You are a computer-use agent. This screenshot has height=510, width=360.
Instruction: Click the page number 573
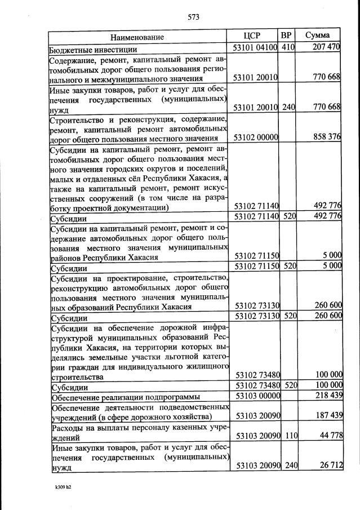[193, 17]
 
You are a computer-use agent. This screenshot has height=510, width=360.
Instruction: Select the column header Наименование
[137, 37]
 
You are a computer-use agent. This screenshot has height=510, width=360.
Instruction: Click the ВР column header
[286, 35]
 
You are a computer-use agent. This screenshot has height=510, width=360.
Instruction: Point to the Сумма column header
[317, 35]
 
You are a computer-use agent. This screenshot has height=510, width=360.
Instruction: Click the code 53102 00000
[255, 138]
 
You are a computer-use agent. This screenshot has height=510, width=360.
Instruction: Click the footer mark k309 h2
[63, 487]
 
